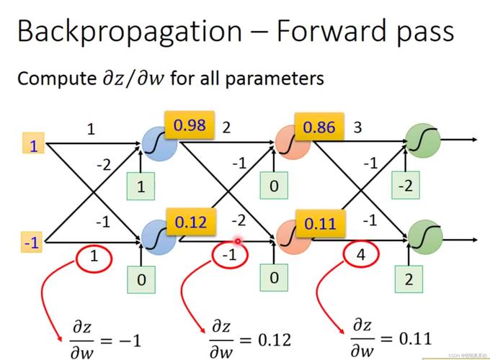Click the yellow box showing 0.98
point(190,125)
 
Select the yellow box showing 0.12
point(191,222)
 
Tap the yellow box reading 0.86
point(319,127)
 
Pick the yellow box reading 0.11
point(321,223)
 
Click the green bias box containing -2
point(406,186)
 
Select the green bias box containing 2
point(409,279)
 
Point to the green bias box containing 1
point(141,186)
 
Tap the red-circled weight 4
point(361,254)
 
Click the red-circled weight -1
point(230,255)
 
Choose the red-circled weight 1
point(94,258)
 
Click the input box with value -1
point(32,242)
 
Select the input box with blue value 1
point(33,143)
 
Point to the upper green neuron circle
point(423,141)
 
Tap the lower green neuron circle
point(425,238)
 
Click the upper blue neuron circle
point(160,144)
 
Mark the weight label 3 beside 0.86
point(357,127)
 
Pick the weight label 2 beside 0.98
point(226,127)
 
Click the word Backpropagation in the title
point(130,31)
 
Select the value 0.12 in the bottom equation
point(275,340)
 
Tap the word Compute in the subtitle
point(57,78)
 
